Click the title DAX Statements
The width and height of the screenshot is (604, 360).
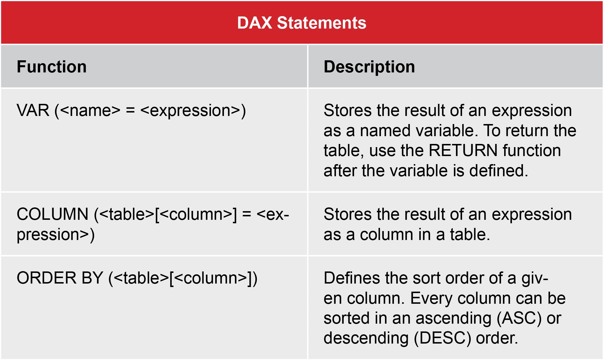302,23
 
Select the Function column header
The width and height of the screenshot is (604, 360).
52,67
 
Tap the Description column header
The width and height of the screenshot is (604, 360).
369,67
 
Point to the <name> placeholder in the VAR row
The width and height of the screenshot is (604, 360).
91,110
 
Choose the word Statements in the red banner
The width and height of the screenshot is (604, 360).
321,23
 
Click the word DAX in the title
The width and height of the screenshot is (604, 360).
255,23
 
